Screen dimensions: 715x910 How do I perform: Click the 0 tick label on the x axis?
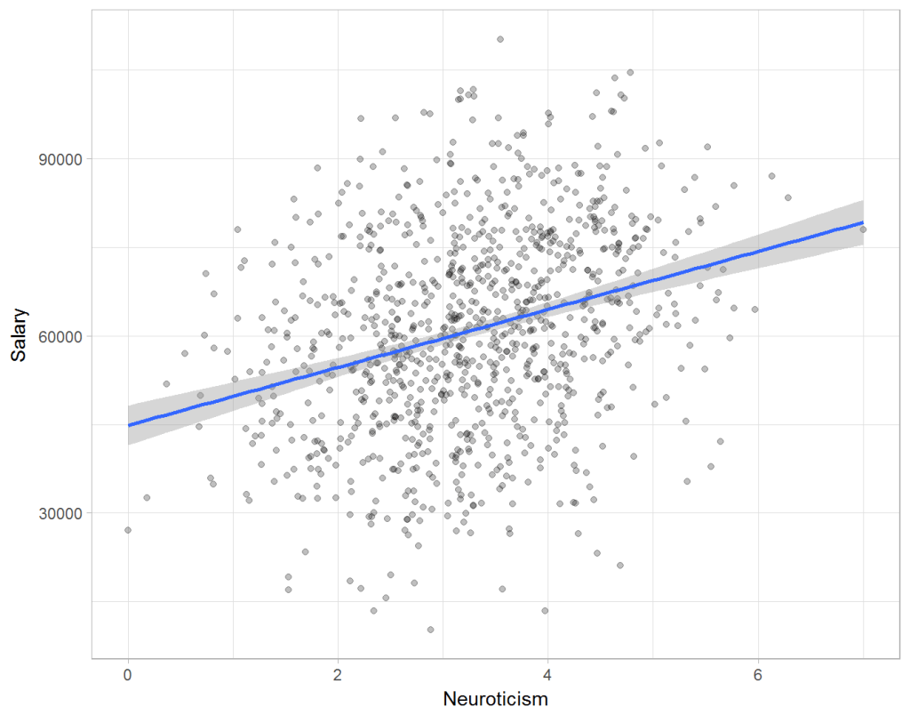(128, 672)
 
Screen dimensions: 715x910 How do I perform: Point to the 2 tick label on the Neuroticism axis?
(338, 672)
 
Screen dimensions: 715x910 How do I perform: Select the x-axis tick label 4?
(547, 672)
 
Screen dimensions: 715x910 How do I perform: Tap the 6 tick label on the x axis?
(757, 672)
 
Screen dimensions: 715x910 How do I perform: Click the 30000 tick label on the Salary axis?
(56, 513)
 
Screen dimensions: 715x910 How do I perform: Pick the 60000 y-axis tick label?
(56, 336)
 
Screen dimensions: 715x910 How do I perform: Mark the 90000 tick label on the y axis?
(56, 159)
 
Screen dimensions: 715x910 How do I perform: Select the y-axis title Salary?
(20, 335)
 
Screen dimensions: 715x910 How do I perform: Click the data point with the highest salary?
(500, 39)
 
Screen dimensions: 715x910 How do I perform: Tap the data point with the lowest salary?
(431, 630)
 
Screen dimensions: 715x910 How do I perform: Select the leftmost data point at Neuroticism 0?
(128, 530)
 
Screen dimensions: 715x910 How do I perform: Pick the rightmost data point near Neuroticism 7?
(863, 229)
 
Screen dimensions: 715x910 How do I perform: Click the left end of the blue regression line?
(129, 425)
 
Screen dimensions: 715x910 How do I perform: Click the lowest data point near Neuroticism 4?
(545, 610)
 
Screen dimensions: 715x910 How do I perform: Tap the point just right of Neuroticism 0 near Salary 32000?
(147, 497)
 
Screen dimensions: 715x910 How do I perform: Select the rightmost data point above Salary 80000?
(788, 197)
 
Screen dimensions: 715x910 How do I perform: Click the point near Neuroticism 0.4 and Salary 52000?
(166, 383)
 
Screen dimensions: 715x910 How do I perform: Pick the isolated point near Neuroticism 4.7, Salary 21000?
(620, 565)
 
